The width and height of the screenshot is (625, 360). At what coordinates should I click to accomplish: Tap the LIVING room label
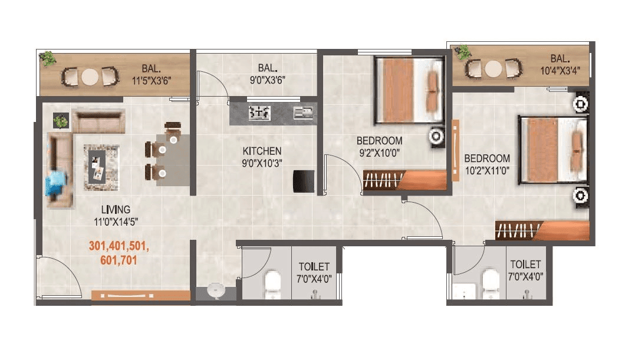tap(116, 210)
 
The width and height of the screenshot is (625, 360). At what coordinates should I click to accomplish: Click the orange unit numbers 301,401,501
tap(119, 247)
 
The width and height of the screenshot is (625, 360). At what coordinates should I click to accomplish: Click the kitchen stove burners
tap(259, 111)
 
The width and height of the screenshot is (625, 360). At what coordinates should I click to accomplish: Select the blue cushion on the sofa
tap(57, 179)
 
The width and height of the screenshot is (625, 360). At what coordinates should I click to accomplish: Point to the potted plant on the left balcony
tap(48, 58)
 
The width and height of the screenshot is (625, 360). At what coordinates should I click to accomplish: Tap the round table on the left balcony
tap(90, 77)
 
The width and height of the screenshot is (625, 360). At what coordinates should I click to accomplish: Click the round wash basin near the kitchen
tap(216, 291)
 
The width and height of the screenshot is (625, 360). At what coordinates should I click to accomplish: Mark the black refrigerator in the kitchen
tap(305, 180)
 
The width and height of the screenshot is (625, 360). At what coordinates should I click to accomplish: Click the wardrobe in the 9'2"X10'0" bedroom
tap(404, 179)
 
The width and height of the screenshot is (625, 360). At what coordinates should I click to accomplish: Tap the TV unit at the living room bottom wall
tap(141, 295)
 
